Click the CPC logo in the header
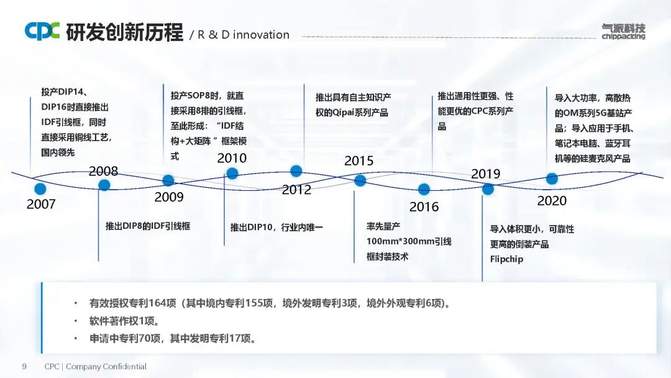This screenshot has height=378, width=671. (42, 31)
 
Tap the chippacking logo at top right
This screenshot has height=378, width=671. (623, 32)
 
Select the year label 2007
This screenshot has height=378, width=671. (41, 204)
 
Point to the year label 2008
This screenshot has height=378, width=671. (103, 171)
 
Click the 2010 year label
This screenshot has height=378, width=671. (232, 158)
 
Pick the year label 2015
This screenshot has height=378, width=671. (359, 160)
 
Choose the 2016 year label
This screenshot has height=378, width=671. (424, 207)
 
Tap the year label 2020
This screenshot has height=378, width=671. (552, 200)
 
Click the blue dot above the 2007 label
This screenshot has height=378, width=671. (40, 188)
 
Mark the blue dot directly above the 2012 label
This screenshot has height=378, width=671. (296, 171)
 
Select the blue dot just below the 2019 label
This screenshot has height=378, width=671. (488, 189)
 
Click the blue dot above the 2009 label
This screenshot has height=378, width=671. (168, 180)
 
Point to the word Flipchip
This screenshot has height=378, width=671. (507, 259)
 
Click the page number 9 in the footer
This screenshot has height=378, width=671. (24, 366)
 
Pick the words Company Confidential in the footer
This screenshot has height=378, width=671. (106, 366)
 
